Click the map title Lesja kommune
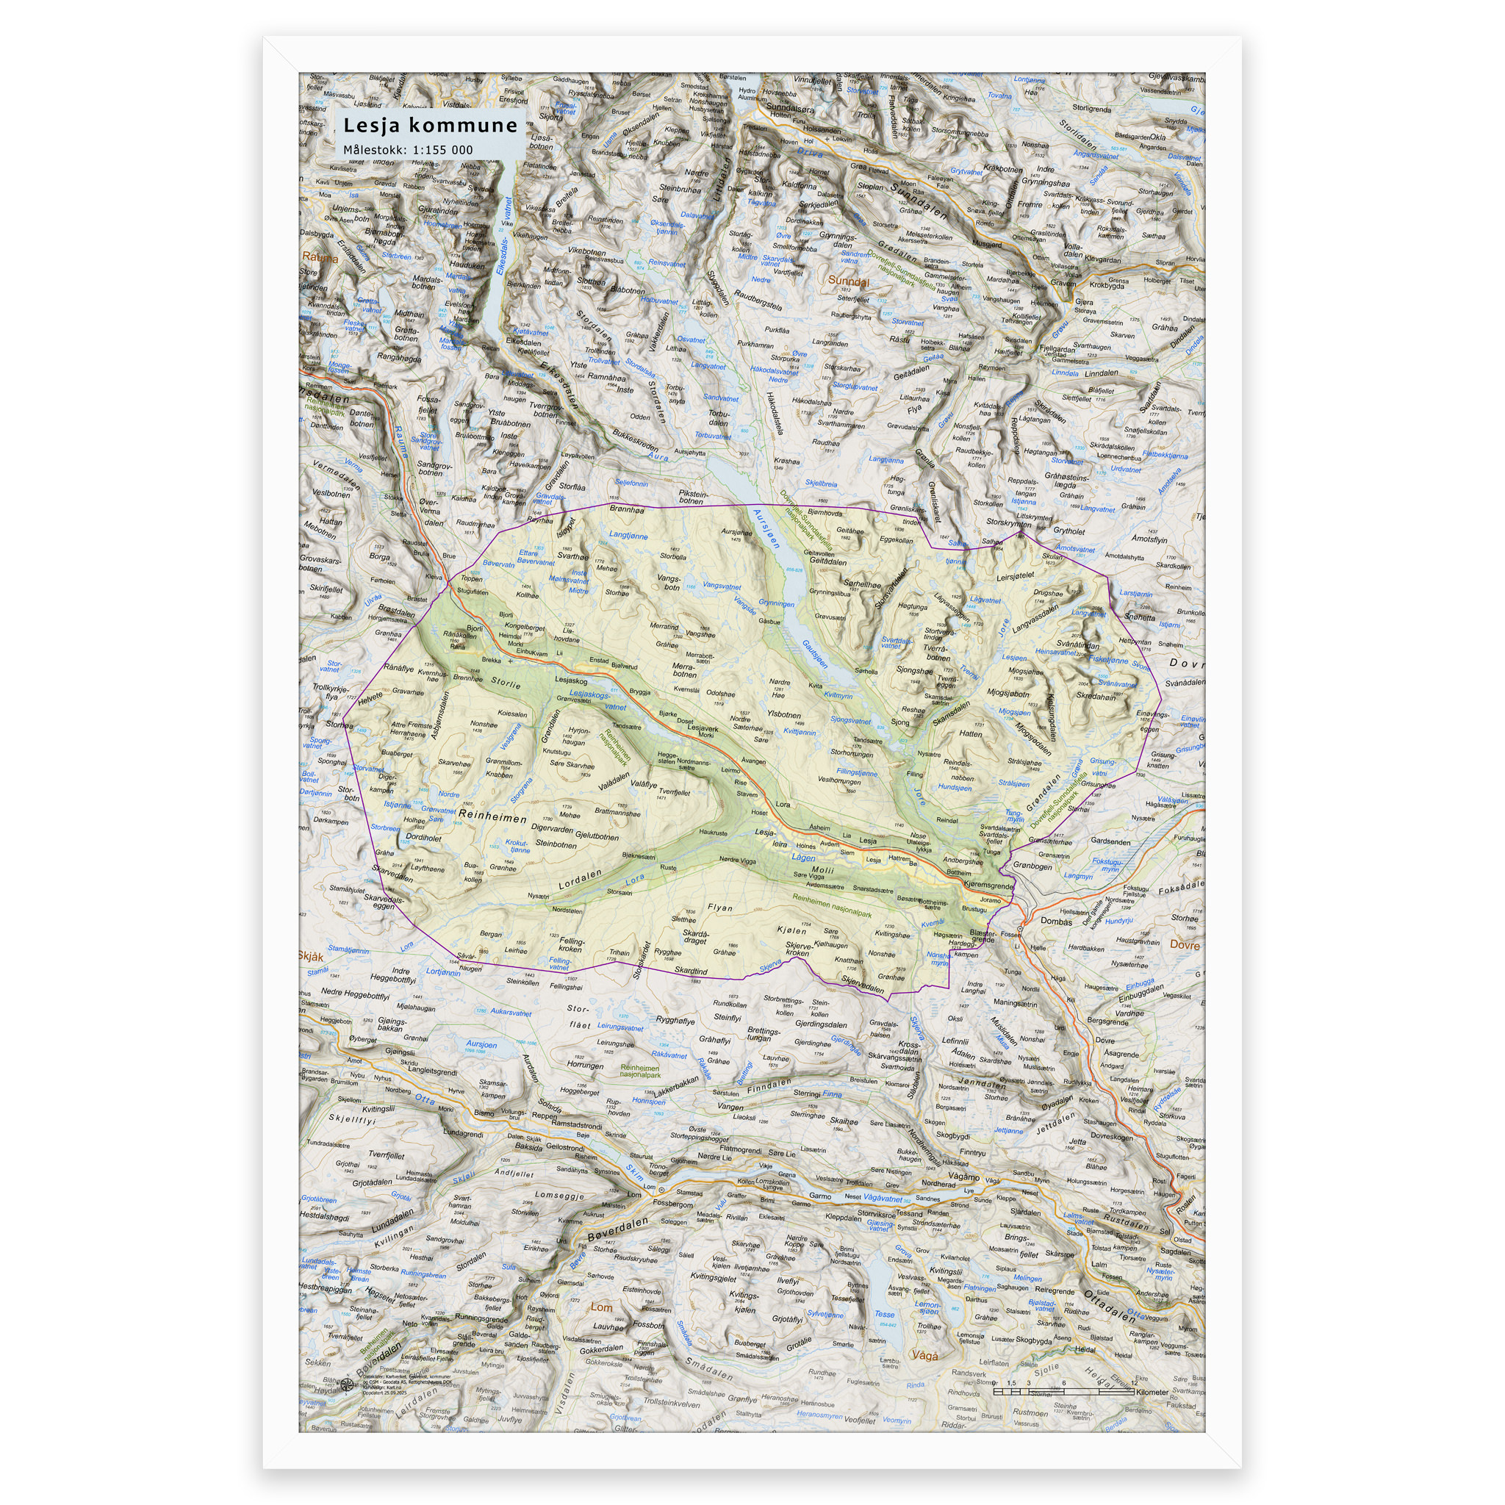(x=430, y=126)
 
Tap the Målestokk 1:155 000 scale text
(x=408, y=150)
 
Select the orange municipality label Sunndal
(x=847, y=281)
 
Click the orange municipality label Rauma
(x=320, y=257)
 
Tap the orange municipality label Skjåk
(x=311, y=956)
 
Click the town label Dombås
(x=1056, y=921)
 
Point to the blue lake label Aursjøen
(x=766, y=528)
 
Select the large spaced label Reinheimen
(x=492, y=817)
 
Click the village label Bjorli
(x=475, y=628)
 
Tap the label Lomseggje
(x=558, y=1194)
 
